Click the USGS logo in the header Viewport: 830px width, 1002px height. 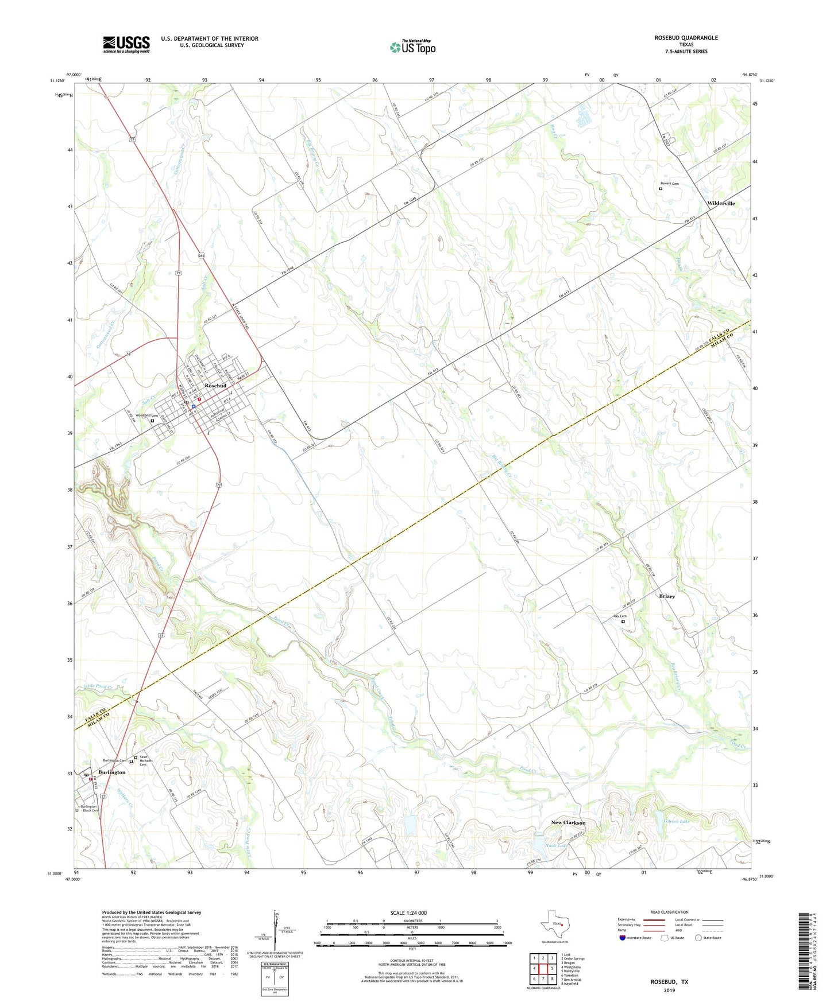tap(126, 44)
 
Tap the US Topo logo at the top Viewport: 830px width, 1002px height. tap(412, 47)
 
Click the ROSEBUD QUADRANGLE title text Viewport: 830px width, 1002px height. tap(686, 38)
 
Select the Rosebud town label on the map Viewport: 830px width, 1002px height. tap(215, 386)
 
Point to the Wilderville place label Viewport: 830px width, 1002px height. tap(721, 203)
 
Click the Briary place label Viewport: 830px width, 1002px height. tap(667, 596)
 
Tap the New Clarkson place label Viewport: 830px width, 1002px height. tap(568, 823)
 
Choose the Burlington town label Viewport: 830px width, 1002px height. tap(111, 772)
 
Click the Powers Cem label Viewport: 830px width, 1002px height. tap(669, 184)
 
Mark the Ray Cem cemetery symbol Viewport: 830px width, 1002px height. tap(623, 621)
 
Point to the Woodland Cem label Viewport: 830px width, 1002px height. tap(146, 415)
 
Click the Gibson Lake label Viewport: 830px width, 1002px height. tap(677, 821)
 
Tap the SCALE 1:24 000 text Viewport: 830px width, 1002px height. tap(408, 912)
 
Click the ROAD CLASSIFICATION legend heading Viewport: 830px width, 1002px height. tap(669, 912)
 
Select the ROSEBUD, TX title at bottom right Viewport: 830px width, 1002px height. tap(669, 982)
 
